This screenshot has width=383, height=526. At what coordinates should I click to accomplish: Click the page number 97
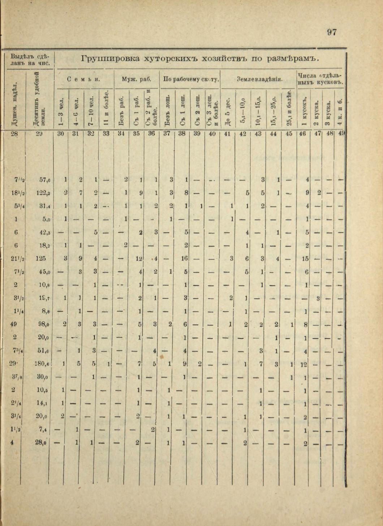332,32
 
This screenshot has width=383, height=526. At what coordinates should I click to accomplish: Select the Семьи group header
84,79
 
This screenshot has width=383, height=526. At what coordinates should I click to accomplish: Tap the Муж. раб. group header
136,79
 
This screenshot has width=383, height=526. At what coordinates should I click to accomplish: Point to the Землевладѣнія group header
259,79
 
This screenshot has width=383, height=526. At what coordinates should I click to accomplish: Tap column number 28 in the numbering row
14,134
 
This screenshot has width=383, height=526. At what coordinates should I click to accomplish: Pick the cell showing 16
184,259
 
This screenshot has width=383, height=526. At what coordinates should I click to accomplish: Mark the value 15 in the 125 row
305,259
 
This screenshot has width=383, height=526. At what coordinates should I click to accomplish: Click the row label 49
14,324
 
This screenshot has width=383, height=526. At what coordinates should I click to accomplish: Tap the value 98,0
43,324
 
